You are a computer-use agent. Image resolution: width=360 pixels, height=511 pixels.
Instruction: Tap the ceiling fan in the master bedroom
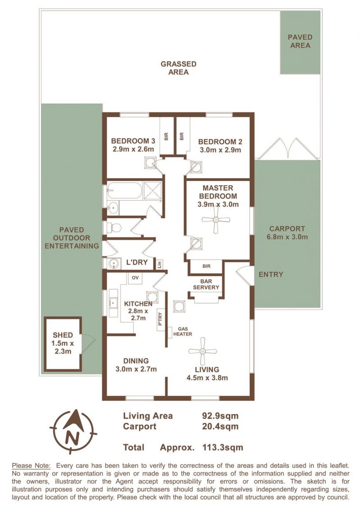click(x=216, y=220)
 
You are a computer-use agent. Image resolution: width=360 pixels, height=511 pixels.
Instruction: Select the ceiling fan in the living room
click(x=202, y=351)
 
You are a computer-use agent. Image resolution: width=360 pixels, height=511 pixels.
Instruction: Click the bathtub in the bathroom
click(x=125, y=190)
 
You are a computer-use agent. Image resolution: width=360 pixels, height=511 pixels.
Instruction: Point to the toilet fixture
click(x=112, y=228)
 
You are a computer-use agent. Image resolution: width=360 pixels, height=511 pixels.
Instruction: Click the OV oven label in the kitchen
click(x=135, y=278)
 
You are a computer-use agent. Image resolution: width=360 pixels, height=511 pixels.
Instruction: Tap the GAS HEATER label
click(x=183, y=332)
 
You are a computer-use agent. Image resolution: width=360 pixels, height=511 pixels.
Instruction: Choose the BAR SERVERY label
click(x=206, y=284)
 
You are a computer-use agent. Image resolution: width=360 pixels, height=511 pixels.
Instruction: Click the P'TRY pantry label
click(x=160, y=319)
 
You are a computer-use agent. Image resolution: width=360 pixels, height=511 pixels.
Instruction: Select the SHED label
click(x=63, y=335)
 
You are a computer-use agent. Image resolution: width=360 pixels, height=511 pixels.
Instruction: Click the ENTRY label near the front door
click(x=270, y=274)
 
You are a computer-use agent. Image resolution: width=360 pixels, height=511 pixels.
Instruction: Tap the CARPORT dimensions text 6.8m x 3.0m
click(x=287, y=237)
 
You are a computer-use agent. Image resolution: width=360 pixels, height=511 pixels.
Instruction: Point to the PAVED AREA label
click(x=300, y=41)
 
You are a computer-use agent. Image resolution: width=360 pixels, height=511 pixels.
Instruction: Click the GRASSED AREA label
click(x=178, y=68)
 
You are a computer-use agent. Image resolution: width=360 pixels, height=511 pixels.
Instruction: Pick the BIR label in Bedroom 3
click(x=166, y=136)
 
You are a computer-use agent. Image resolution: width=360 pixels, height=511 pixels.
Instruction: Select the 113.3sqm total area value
click(x=223, y=447)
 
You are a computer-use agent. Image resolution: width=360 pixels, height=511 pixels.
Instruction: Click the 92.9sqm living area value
click(x=220, y=416)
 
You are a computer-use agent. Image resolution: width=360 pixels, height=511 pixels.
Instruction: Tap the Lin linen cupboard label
click(x=159, y=264)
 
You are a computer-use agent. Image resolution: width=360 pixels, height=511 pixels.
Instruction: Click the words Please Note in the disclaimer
click(x=31, y=466)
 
